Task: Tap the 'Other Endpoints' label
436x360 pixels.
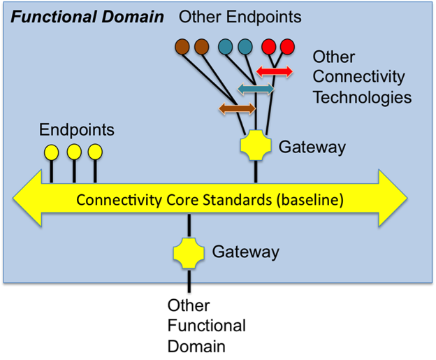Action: coord(240,16)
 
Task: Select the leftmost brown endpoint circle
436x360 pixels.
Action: coord(182,47)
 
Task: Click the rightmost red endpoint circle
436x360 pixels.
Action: coord(287,47)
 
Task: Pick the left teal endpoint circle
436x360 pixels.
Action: coord(225,47)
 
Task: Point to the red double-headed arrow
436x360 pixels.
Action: coord(274,71)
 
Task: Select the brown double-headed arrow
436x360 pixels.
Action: coord(237,108)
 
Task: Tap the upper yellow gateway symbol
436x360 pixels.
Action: coord(256,146)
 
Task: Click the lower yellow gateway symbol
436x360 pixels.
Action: coord(189,252)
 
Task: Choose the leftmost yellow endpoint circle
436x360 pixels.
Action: coord(51,152)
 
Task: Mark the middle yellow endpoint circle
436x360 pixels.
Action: coord(73,152)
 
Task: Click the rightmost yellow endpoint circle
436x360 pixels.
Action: coord(95,152)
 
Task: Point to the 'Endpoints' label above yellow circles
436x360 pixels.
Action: coord(76,130)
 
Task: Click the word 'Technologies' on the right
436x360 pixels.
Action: coord(361,96)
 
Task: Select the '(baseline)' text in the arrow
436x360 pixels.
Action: coord(309,200)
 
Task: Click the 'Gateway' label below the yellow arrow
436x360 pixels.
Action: coord(245,252)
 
